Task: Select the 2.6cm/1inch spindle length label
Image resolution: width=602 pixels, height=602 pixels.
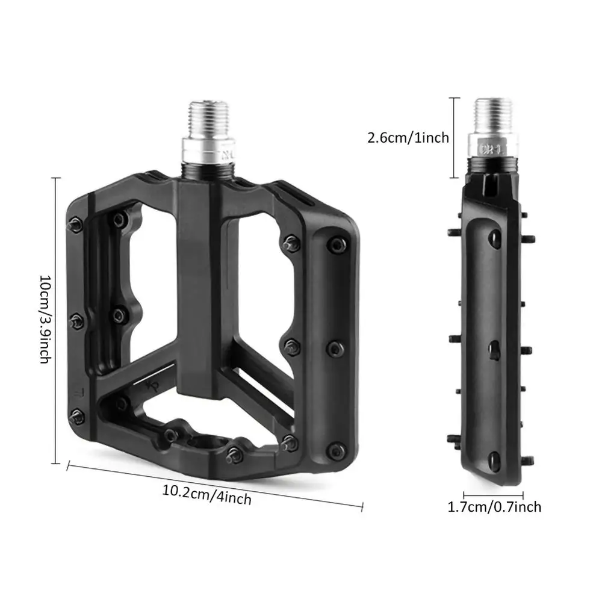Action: click(408, 138)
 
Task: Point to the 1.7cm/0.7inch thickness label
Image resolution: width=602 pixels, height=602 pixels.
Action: click(494, 507)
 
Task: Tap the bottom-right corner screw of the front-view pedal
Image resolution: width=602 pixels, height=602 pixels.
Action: click(336, 450)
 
